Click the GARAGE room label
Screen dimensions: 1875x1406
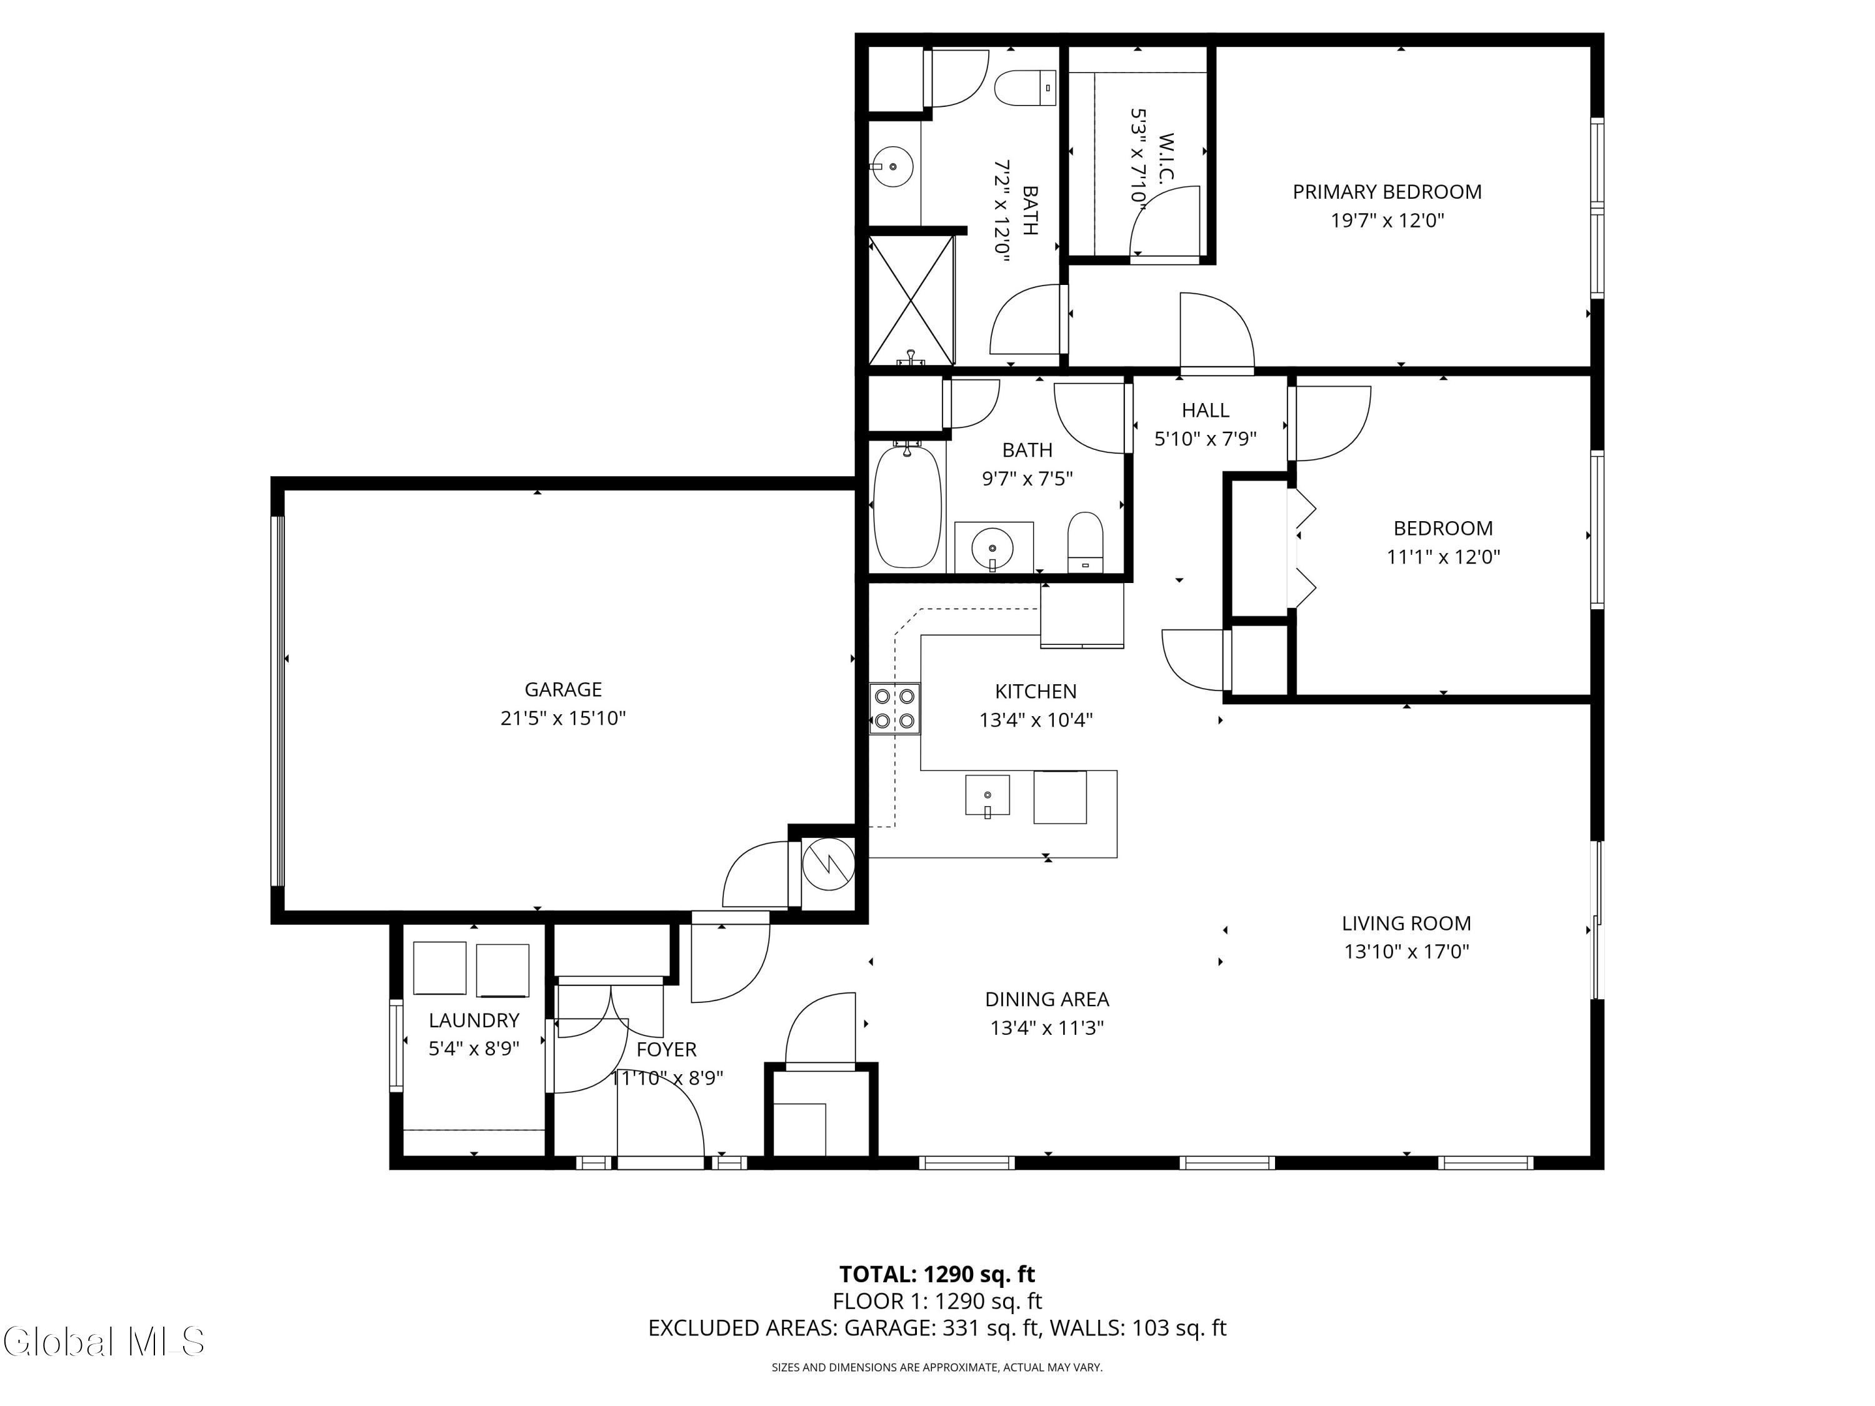[563, 690]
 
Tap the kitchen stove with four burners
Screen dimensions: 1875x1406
[895, 709]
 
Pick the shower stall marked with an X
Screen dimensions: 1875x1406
[911, 300]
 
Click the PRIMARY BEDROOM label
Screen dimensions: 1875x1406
[1387, 192]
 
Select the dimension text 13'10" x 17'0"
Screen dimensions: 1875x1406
[1406, 951]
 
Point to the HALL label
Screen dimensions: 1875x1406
[1206, 410]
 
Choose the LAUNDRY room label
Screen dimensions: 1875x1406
[474, 1020]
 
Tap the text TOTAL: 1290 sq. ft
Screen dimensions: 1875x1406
[937, 1274]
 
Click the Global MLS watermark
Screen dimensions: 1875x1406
[103, 1342]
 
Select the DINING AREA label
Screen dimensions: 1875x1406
[1047, 999]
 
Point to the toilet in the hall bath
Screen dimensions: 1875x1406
[1085, 541]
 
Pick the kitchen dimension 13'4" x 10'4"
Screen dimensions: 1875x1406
[1036, 719]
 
